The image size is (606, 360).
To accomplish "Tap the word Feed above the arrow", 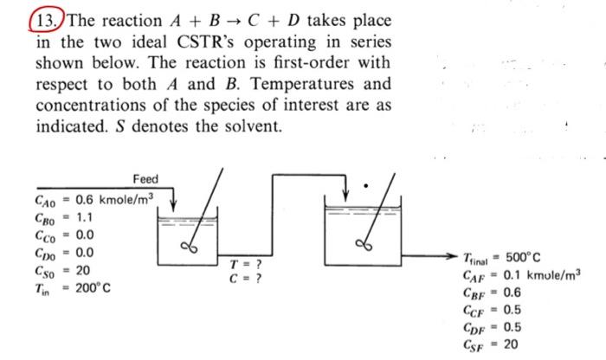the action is click(145, 179).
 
